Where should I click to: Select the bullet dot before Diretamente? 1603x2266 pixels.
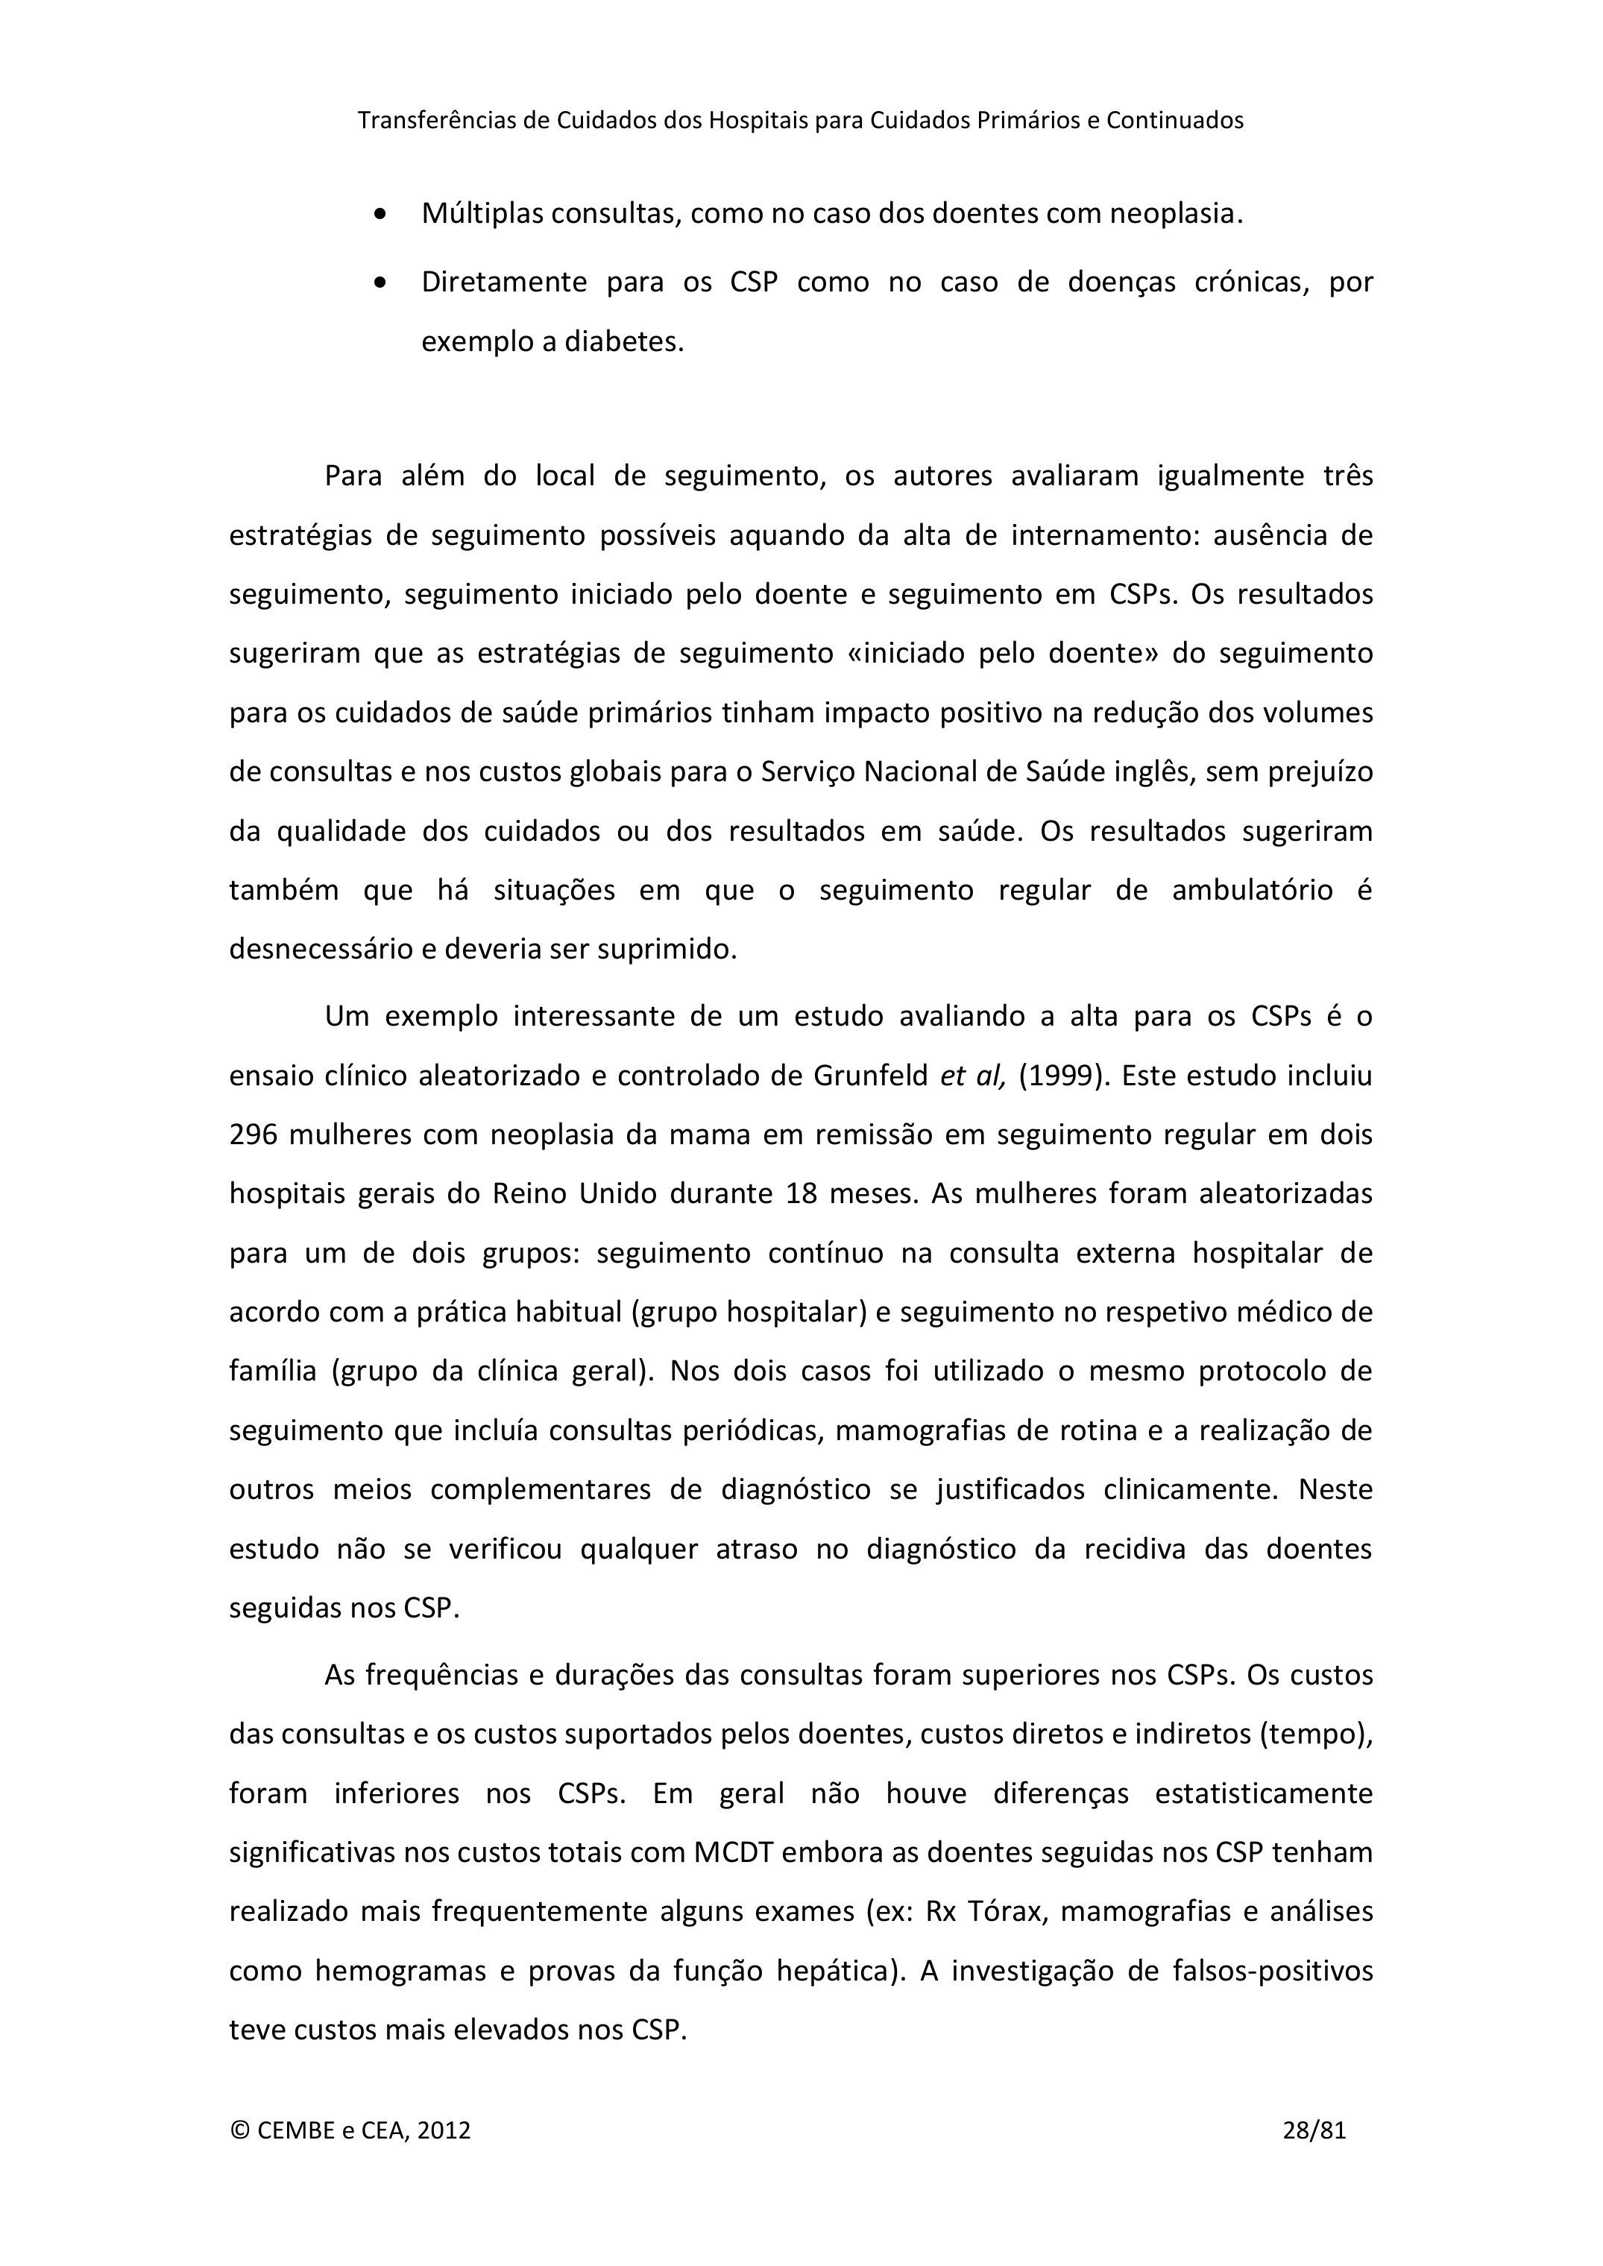pyautogui.click(x=381, y=283)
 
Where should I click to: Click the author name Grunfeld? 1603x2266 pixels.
pyautogui.click(x=871, y=1075)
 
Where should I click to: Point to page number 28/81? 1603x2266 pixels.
pyautogui.click(x=1314, y=2130)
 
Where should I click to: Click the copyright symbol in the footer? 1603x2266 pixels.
pyautogui.click(x=239, y=2130)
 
